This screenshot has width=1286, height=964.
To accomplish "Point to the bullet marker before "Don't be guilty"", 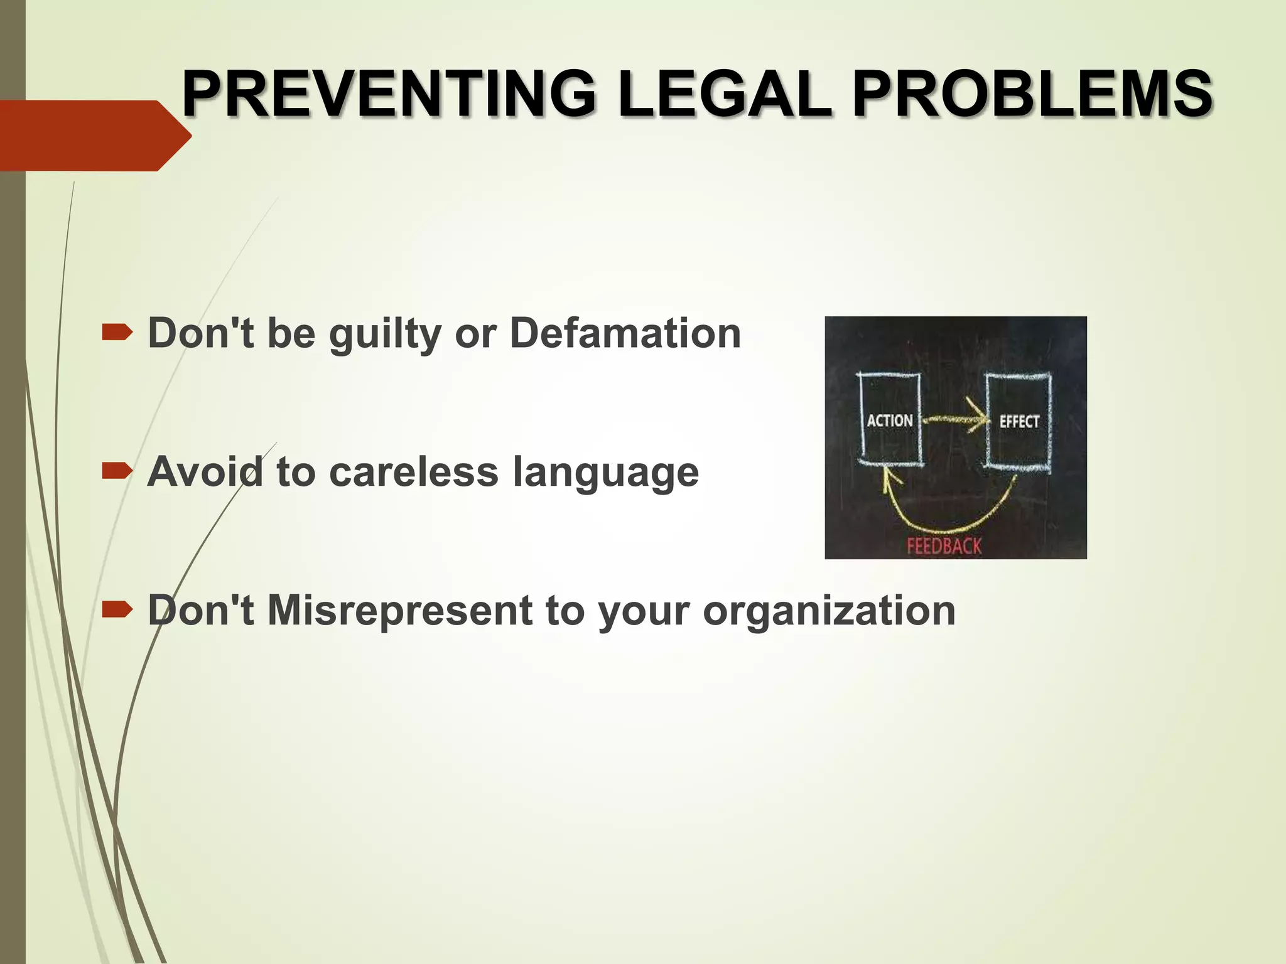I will pyautogui.click(x=117, y=332).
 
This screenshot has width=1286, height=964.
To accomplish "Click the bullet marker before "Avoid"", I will pyautogui.click(x=117, y=471).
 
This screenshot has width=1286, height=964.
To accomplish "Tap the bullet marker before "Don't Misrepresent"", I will pyautogui.click(x=117, y=609).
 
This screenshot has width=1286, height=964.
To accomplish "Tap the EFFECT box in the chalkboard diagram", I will pyautogui.click(x=1019, y=420).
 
